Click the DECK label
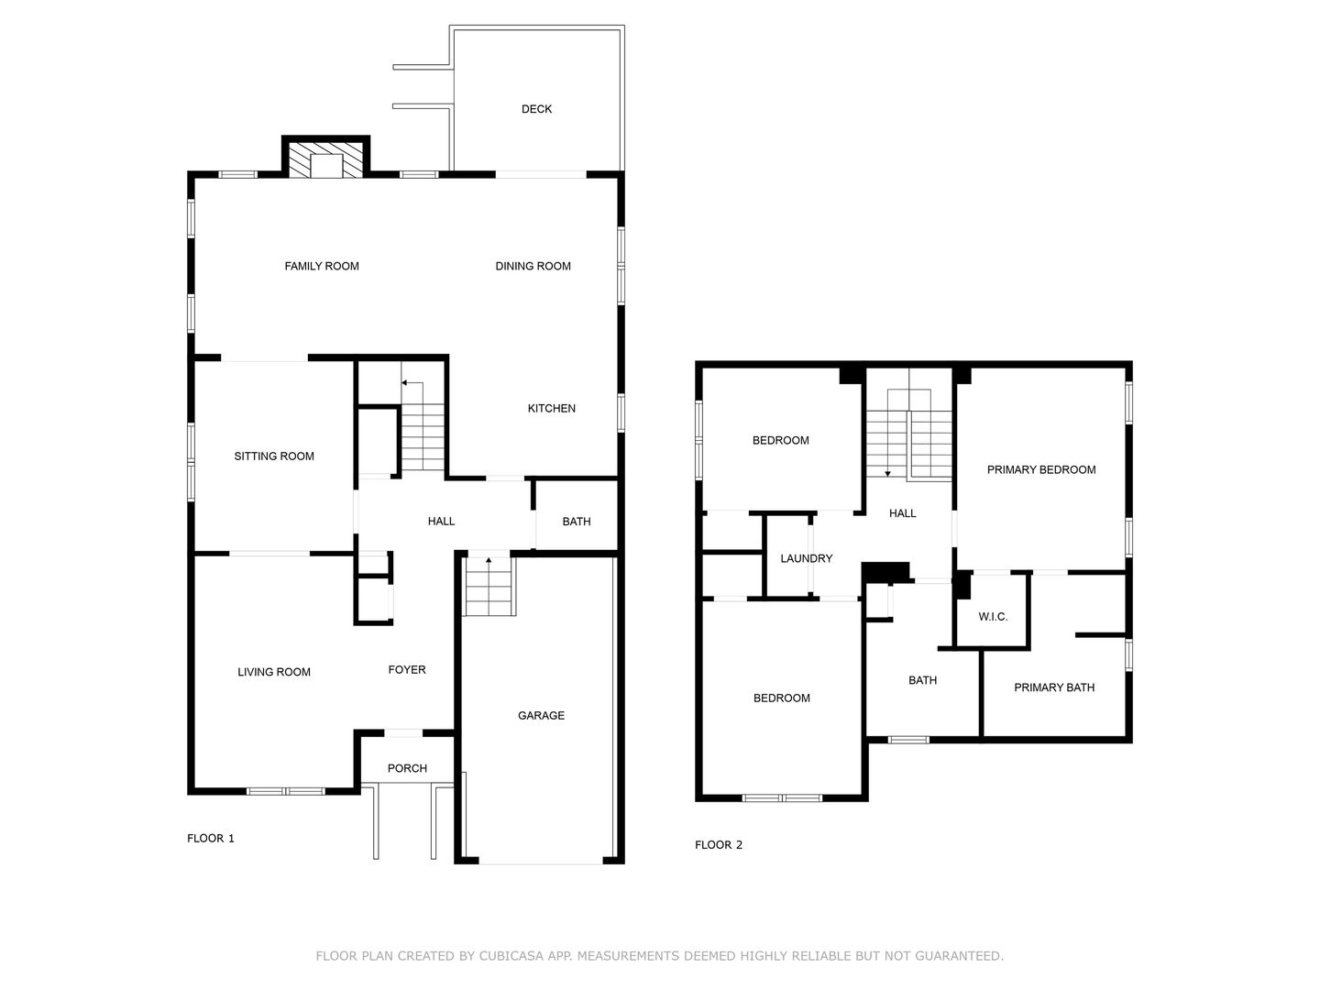536,109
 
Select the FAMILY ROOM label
322,266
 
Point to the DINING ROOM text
533,266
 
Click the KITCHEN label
552,409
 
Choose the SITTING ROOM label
274,456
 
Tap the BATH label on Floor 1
576,522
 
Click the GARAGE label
541,715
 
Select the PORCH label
407,768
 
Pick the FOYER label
407,669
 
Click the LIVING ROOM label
274,672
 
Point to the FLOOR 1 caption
211,839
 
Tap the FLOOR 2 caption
719,845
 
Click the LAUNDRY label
807,558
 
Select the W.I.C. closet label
993,617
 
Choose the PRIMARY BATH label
1054,687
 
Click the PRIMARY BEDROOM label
1041,470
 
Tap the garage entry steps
489,587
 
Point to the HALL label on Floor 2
903,513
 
